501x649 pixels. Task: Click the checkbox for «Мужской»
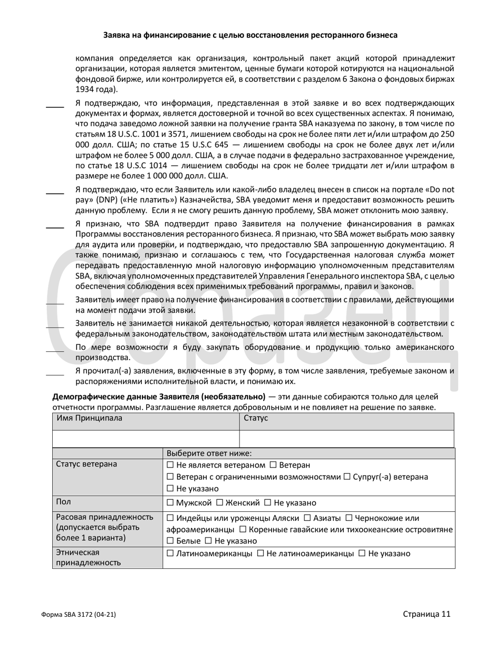coord(170,503)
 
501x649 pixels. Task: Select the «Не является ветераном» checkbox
coord(170,465)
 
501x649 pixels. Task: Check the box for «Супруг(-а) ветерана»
coord(347,477)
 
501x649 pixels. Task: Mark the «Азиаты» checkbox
coord(307,518)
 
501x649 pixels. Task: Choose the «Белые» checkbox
coord(170,541)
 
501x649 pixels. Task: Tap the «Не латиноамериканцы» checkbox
coord(260,553)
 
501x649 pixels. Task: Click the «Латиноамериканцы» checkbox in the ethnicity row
coord(170,553)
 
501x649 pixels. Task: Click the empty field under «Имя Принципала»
coord(146,439)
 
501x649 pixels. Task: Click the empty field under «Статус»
coord(346,439)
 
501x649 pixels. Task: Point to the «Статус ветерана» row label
coord(86,464)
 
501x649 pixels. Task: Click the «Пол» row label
coord(63,502)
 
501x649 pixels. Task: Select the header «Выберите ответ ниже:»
coord(209,453)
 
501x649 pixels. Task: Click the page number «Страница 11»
coord(427,614)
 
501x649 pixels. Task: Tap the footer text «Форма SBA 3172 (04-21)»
coord(78,615)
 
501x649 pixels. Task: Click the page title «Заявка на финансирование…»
coord(250,35)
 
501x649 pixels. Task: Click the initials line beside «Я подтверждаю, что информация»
coord(54,107)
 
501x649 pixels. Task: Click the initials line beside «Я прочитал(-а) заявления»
coord(54,375)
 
